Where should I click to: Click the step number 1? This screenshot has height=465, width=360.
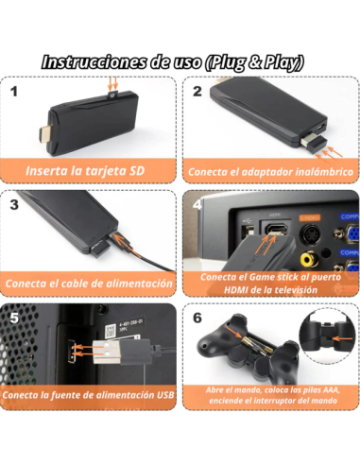tap(14, 93)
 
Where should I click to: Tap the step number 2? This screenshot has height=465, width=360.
tap(197, 93)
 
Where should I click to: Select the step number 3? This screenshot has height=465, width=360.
tap(14, 204)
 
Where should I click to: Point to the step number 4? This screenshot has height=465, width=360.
tap(197, 204)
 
